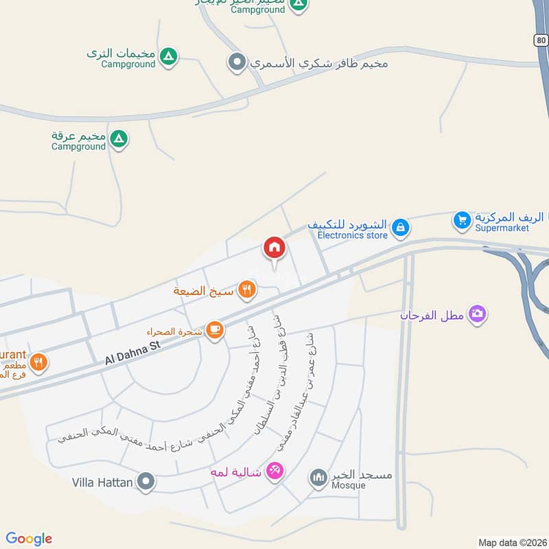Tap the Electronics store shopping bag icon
(401, 226)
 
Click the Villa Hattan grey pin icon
(145, 482)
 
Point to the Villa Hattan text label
(102, 482)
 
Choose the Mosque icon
(318, 477)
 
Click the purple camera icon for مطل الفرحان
(477, 314)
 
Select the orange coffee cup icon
(215, 330)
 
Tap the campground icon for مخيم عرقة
(119, 139)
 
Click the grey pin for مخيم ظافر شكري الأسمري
(237, 62)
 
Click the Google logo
(29, 539)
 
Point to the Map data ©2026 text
(511, 542)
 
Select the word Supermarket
(502, 228)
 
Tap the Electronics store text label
(352, 235)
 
